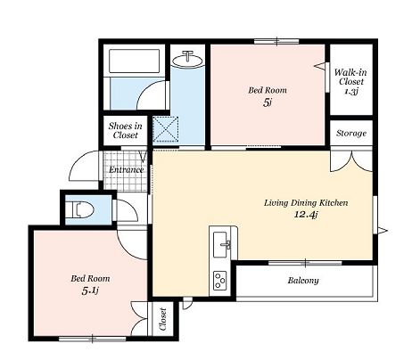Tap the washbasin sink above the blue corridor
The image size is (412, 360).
(188, 60)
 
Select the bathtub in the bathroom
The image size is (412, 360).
(134, 61)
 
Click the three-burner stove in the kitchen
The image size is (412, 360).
(220, 280)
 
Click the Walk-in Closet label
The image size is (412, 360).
(350, 77)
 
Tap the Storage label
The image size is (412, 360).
(351, 133)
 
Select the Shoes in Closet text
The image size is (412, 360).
(125, 130)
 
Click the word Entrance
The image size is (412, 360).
(127, 169)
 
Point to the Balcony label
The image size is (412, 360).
(303, 281)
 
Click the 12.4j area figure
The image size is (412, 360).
(306, 215)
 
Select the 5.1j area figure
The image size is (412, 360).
(90, 290)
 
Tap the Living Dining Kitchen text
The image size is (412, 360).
(306, 203)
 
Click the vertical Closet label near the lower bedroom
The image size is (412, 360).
(162, 319)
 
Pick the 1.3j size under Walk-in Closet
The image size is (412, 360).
(350, 91)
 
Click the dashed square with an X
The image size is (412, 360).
(166, 129)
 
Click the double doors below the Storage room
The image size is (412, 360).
(351, 160)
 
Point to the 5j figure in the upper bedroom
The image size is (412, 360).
(268, 102)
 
